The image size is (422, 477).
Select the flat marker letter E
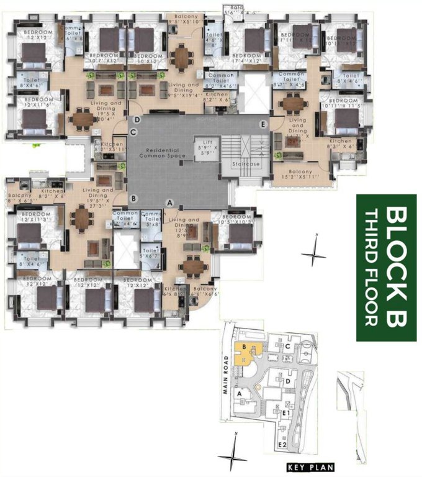tap(264, 124)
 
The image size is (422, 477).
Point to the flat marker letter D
tap(135, 119)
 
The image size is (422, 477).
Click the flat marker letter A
tap(169, 202)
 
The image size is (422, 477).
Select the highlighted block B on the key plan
tap(245, 352)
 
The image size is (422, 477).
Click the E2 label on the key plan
tap(282, 445)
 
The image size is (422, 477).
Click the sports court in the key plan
tap(307, 344)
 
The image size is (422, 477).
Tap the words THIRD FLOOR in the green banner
tap(371, 268)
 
